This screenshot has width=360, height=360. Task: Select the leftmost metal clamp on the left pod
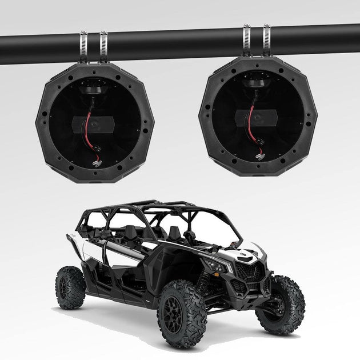pos(83,47)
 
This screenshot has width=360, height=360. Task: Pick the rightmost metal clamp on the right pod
pos(266,41)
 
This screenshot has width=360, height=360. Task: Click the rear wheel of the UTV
pos(70,287)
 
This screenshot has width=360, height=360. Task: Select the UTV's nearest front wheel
pos(181,314)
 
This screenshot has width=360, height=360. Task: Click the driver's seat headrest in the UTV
pos(175,231)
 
